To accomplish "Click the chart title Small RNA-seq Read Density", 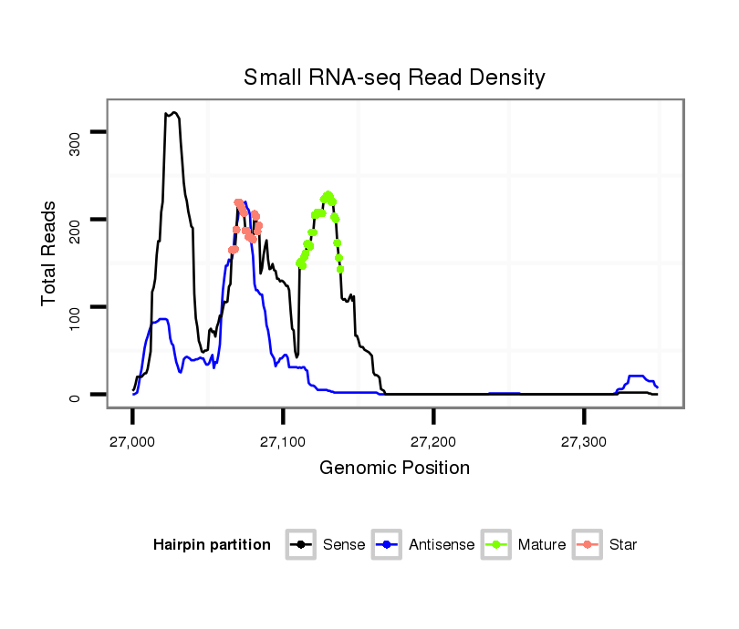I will coord(394,77).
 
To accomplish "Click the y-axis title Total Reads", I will coord(50,253).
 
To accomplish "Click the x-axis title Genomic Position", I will coord(394,469).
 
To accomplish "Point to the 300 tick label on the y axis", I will coord(76,133).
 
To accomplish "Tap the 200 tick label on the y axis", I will coord(76,220).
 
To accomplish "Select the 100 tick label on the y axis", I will coord(76,307).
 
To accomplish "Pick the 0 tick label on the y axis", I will coord(76,395).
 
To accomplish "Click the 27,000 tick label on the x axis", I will coord(133,441).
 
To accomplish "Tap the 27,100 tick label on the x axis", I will coord(284,441).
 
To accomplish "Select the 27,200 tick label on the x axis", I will coord(434,441).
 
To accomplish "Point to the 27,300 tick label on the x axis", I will coord(585,441).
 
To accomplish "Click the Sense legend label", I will coord(344,545).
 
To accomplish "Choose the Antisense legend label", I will coord(442,545).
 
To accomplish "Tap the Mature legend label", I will coord(541,545).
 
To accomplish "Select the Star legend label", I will coord(622,545).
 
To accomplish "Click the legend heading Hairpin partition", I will coord(212,545).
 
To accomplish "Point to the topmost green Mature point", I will coord(328,195).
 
